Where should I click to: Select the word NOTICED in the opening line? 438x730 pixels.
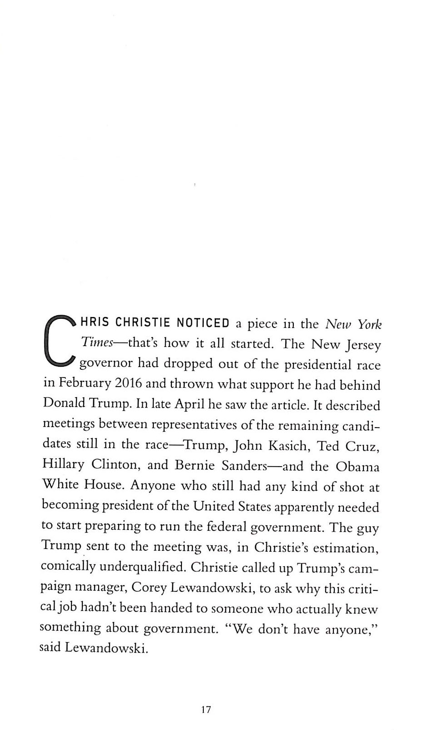(x=202, y=323)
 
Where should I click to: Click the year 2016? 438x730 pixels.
(x=128, y=383)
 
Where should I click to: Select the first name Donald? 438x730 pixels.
(x=64, y=403)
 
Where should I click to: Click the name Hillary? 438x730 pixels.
(x=63, y=465)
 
